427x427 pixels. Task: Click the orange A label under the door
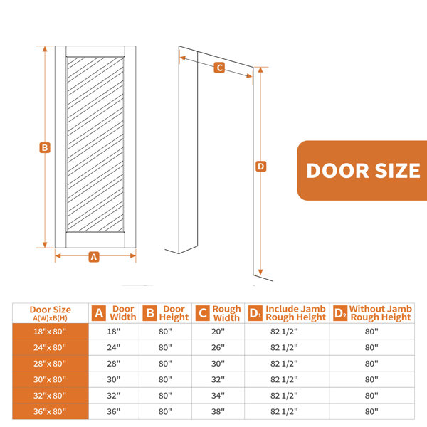click(x=94, y=257)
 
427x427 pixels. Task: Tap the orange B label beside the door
click(x=45, y=147)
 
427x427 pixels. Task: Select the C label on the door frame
click(x=219, y=68)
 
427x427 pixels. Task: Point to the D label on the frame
click(x=261, y=166)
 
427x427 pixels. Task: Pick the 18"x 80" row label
click(x=50, y=332)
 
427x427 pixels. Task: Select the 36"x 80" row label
click(x=50, y=411)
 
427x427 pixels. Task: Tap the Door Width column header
click(x=123, y=313)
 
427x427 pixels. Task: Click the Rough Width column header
click(x=226, y=313)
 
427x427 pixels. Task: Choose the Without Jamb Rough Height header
click(x=381, y=313)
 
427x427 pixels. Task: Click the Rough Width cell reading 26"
click(x=218, y=347)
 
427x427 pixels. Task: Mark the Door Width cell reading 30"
click(x=114, y=379)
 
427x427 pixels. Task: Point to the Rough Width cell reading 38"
click(x=218, y=411)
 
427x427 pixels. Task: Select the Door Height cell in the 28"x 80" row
click(x=165, y=364)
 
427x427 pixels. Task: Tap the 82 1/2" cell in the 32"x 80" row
click(x=284, y=396)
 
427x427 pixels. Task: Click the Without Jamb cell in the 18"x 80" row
click(x=371, y=332)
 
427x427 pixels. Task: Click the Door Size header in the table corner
click(x=51, y=313)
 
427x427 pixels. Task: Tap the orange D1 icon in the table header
click(x=255, y=313)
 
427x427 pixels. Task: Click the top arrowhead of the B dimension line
click(x=45, y=48)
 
